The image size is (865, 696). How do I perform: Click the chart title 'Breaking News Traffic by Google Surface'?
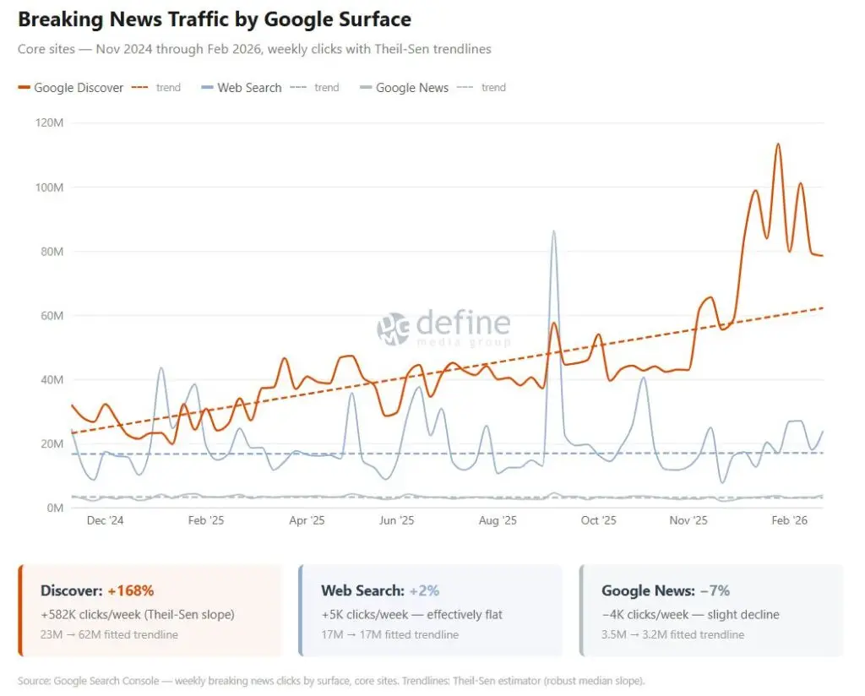pyautogui.click(x=215, y=19)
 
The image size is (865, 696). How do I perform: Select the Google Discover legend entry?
pyautogui.click(x=79, y=88)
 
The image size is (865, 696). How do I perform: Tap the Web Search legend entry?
pyautogui.click(x=249, y=88)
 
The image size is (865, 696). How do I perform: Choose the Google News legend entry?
pyautogui.click(x=411, y=88)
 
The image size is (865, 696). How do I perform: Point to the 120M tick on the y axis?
pyautogui.click(x=49, y=123)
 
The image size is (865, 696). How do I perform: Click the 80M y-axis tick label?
pyautogui.click(x=51, y=252)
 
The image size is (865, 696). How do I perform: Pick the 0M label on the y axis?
pyautogui.click(x=54, y=508)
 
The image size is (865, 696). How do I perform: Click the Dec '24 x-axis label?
pyautogui.click(x=105, y=521)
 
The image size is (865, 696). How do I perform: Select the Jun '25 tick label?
pyautogui.click(x=396, y=521)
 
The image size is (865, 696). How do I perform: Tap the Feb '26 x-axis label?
pyautogui.click(x=790, y=521)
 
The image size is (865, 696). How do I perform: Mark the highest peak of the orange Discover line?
pyautogui.click(x=778, y=144)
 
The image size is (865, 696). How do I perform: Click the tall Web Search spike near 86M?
pyautogui.click(x=553, y=231)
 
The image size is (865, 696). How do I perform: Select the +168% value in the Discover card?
pyautogui.click(x=131, y=591)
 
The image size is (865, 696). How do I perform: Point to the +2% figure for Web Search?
pyautogui.click(x=424, y=591)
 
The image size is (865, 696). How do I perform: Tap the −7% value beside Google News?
pyautogui.click(x=712, y=591)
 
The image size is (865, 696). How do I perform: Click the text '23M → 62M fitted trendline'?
pyautogui.click(x=109, y=634)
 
